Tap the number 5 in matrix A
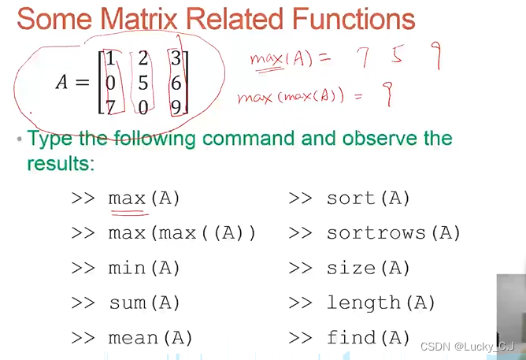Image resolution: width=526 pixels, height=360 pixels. pyautogui.click(x=143, y=81)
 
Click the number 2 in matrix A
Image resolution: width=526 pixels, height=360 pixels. pyautogui.click(x=143, y=58)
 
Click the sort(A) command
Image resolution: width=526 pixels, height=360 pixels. pyautogui.click(x=369, y=199)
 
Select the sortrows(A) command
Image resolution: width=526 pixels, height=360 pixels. pyautogui.click(x=394, y=233)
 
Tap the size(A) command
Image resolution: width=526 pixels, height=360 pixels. pyautogui.click(x=369, y=268)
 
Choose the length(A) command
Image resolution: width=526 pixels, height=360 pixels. pyautogui.click(x=381, y=302)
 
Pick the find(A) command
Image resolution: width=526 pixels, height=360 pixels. pyautogui.click(x=369, y=338)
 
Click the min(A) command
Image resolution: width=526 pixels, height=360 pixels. pyautogui.click(x=144, y=268)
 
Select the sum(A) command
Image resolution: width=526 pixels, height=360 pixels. pyautogui.click(x=144, y=302)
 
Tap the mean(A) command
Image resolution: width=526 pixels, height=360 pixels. pyautogui.click(x=150, y=338)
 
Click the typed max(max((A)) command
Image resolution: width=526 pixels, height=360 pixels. pyautogui.click(x=182, y=233)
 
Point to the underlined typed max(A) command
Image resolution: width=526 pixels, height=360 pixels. pyautogui.click(x=144, y=199)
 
